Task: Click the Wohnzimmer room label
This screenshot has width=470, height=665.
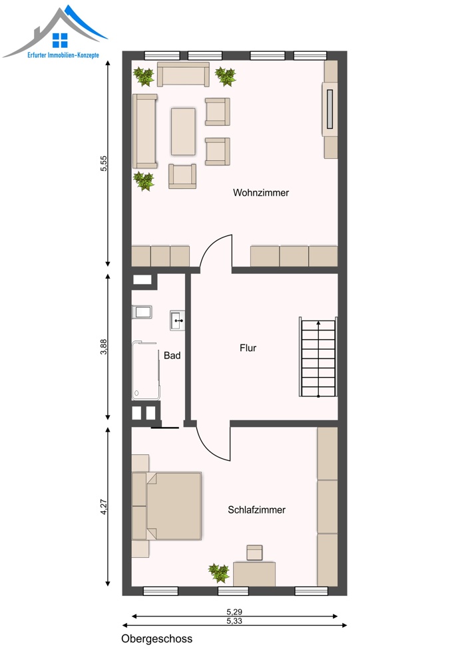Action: pos(261,193)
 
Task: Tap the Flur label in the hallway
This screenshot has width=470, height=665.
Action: pos(248,348)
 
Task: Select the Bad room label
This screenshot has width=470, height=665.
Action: pos(172,355)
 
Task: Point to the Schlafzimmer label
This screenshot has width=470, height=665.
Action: pos(256,510)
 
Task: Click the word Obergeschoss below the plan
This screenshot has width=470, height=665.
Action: pos(156,638)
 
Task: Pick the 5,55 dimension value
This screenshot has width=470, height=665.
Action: pos(104,164)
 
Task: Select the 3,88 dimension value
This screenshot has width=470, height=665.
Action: pos(104,346)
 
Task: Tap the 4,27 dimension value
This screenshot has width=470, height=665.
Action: pos(104,507)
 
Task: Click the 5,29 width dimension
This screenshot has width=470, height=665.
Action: pos(234,612)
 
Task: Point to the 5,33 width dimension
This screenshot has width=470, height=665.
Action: pos(234,621)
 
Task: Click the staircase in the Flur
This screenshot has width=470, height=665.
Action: pos(318,356)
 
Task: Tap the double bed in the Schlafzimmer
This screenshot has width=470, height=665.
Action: pos(166,506)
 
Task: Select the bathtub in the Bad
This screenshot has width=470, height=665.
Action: pos(146,370)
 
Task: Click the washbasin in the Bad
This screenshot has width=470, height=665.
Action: pos(178,321)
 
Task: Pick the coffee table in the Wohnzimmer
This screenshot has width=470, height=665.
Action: pos(184,132)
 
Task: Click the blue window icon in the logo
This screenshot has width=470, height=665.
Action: pos(60,41)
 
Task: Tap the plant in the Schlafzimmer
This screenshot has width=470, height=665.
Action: pos(219,573)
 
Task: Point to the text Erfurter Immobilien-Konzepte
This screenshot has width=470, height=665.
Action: pos(63,55)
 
